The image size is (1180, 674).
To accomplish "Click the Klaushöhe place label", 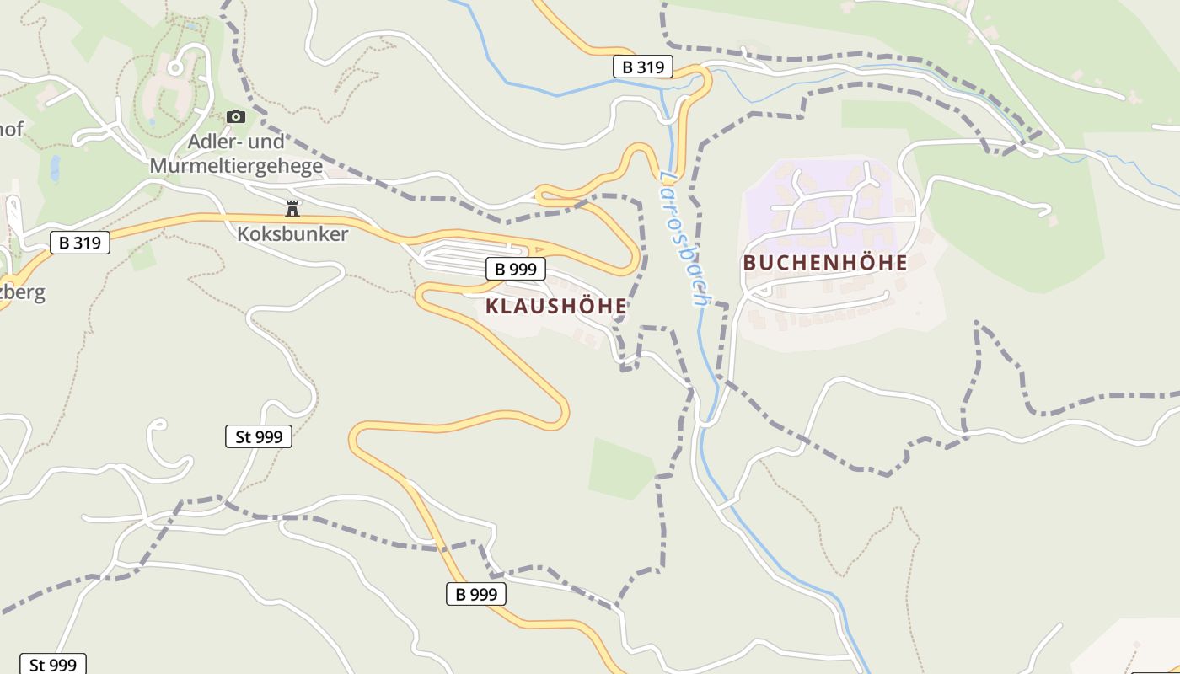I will click(x=556, y=306).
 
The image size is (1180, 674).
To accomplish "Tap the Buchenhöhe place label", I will click(x=824, y=263).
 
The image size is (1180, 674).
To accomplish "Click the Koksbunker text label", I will click(x=292, y=234).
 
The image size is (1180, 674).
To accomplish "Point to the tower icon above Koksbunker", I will click(x=292, y=208).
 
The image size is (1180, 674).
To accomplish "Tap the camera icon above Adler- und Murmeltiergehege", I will click(x=236, y=116).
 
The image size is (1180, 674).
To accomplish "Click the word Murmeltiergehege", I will click(x=236, y=166).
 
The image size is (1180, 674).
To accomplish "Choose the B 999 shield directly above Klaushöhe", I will click(x=516, y=270).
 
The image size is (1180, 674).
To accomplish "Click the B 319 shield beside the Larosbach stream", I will click(x=642, y=67).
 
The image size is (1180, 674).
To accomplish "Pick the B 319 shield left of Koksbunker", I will click(x=80, y=243).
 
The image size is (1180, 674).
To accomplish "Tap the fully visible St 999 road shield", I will click(x=259, y=436).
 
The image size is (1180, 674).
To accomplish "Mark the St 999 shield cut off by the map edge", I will click(x=52, y=665).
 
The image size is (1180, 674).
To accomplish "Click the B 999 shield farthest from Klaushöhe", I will click(x=476, y=594).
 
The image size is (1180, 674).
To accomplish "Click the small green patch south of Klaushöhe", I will click(x=622, y=468).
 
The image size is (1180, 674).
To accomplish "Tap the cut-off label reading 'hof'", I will click(x=12, y=130).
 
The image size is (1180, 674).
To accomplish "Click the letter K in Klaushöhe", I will click(x=492, y=306).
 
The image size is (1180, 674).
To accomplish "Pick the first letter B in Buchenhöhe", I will click(x=749, y=263).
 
